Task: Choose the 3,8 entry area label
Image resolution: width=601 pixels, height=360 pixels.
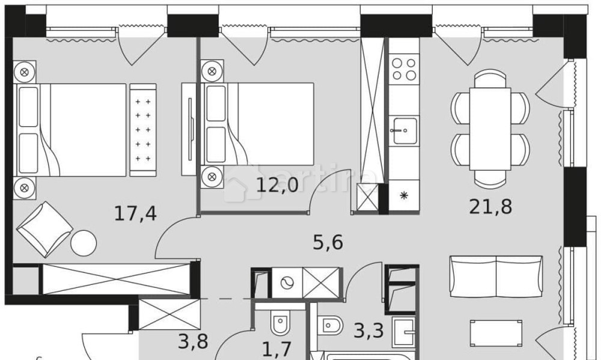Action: point(193,341)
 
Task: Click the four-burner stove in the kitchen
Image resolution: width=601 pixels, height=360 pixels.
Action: point(403,69)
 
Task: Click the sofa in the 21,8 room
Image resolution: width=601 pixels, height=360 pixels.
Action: point(496,276)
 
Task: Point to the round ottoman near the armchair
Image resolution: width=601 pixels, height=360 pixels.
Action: point(83,243)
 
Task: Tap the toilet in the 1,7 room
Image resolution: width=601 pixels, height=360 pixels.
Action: point(280,325)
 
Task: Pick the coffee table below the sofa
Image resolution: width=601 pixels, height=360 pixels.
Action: point(496,333)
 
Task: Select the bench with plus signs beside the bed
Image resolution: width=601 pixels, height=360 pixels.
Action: point(142,130)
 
